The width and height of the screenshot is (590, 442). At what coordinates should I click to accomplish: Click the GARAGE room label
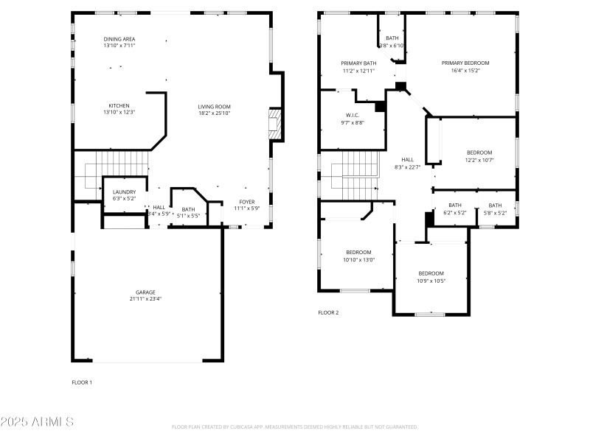click(x=145, y=292)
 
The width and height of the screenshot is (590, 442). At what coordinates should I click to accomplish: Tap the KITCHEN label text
click(x=119, y=105)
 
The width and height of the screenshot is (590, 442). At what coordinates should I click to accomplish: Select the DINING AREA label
click(x=119, y=39)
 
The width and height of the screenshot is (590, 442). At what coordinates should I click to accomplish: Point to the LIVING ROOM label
click(x=215, y=106)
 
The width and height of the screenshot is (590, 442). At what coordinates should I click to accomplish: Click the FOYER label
click(x=247, y=202)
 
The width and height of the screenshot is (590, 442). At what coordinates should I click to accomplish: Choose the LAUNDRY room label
click(x=124, y=192)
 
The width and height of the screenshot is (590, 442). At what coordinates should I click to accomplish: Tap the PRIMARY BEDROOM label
click(x=465, y=63)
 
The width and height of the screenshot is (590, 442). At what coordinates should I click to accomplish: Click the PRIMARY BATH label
click(x=358, y=63)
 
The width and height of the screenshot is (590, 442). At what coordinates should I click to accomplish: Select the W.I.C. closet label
click(x=353, y=115)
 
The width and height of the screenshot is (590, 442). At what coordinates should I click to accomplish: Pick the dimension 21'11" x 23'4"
click(x=145, y=299)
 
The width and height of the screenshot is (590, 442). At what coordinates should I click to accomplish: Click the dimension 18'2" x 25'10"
click(x=215, y=113)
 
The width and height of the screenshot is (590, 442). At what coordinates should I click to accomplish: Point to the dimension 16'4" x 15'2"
click(x=465, y=71)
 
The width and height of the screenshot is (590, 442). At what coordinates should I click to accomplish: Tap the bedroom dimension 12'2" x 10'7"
click(x=479, y=160)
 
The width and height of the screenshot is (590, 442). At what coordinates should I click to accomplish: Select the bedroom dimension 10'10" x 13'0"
click(x=359, y=259)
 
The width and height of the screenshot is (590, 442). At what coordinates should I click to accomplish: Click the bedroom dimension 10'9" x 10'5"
click(x=431, y=280)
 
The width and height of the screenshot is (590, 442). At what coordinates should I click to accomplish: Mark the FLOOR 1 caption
click(x=82, y=382)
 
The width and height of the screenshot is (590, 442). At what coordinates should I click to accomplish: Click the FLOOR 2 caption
click(x=328, y=312)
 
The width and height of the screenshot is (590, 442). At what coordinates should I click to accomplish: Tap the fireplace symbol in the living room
click(x=275, y=124)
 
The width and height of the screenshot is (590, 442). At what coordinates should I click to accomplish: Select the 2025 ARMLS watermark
click(x=37, y=421)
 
